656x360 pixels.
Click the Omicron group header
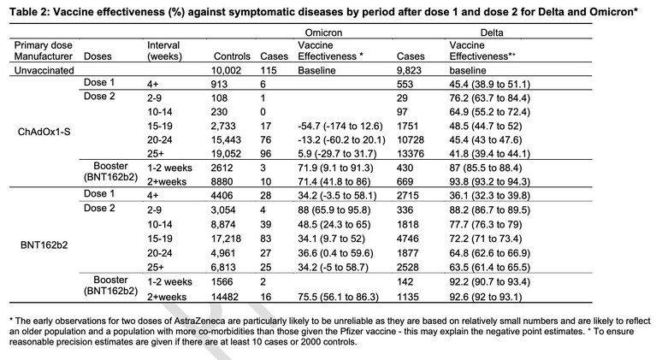click(x=323, y=32)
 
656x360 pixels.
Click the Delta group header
click(x=492, y=32)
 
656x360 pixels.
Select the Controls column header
click(x=232, y=56)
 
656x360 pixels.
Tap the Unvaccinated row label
click(x=44, y=70)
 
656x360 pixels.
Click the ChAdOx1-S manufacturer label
click(x=44, y=133)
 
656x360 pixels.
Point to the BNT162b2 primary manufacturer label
click(x=44, y=245)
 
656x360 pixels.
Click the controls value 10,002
click(x=226, y=70)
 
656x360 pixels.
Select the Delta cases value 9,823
click(x=409, y=70)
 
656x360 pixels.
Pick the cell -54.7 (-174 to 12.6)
click(x=340, y=127)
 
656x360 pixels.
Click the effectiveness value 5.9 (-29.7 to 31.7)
click(x=337, y=154)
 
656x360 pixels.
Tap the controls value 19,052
click(x=226, y=154)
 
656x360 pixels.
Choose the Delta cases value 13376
click(x=411, y=154)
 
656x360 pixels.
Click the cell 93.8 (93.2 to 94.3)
click(x=489, y=182)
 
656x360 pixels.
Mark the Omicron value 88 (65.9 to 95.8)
click(x=334, y=210)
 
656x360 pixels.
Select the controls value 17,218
click(x=226, y=239)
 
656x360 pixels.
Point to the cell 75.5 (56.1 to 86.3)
click(x=338, y=297)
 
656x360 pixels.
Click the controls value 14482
click(x=225, y=297)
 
